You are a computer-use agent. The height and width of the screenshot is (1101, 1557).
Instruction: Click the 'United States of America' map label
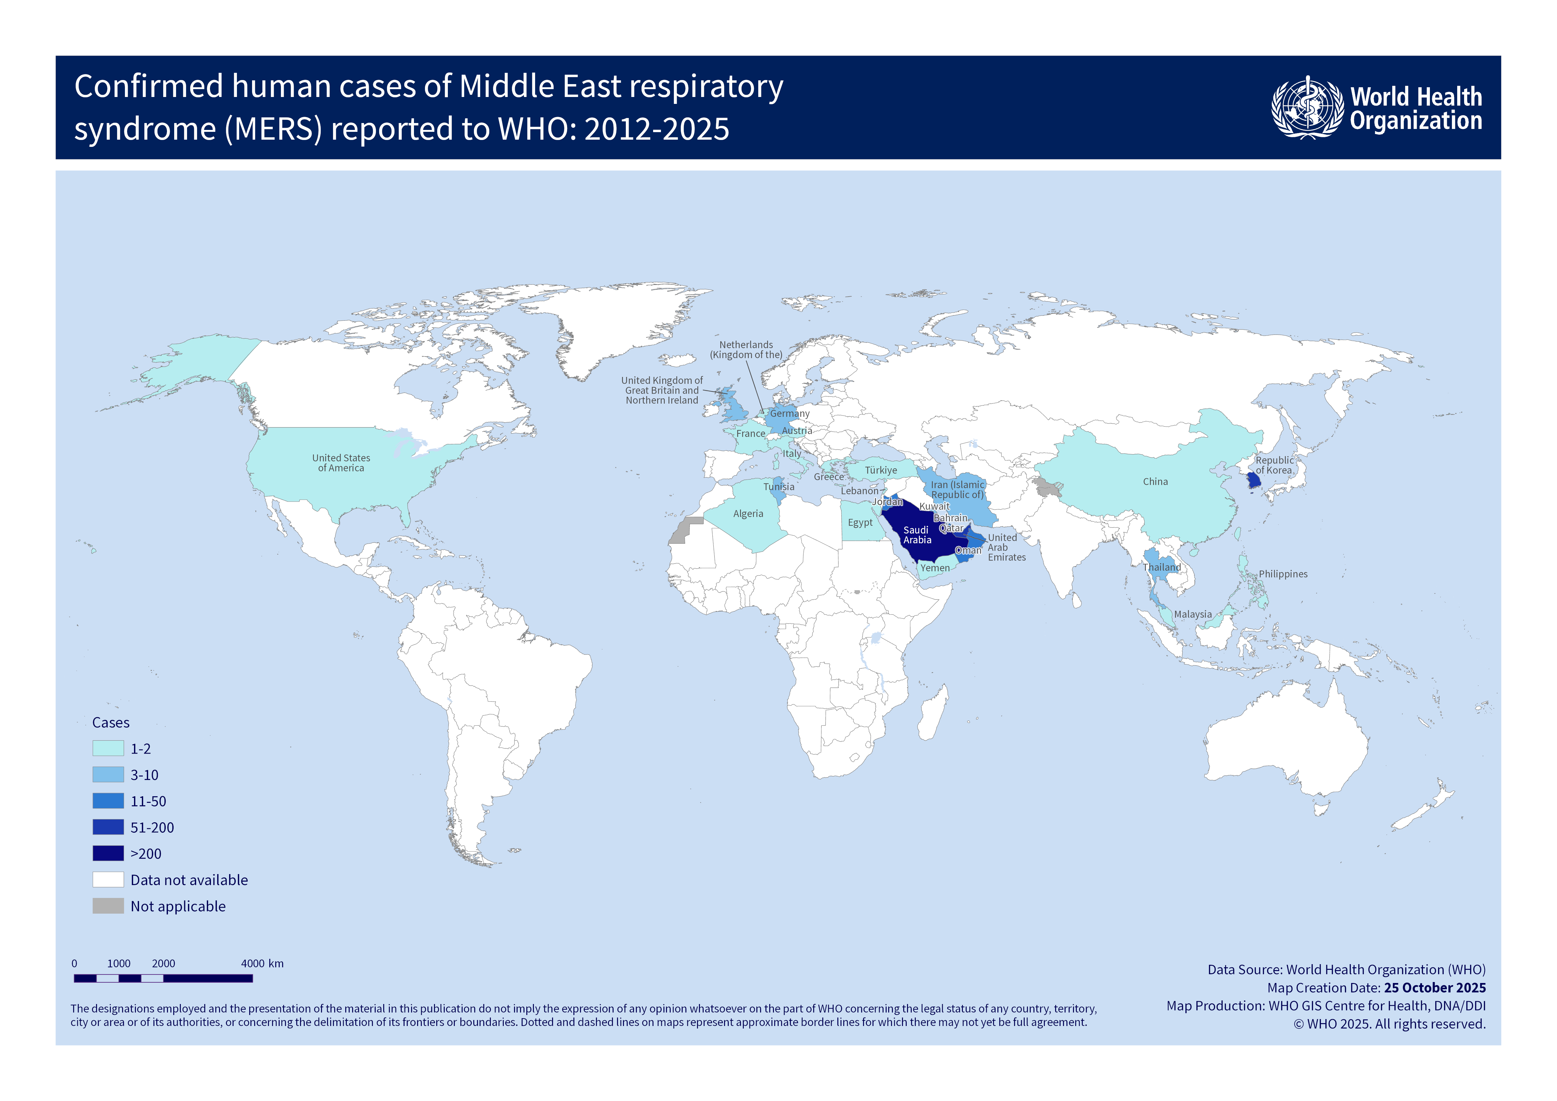(x=341, y=463)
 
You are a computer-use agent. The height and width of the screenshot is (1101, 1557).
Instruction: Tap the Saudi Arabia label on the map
(x=917, y=535)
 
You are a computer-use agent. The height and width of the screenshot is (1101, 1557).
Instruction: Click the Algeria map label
(x=748, y=514)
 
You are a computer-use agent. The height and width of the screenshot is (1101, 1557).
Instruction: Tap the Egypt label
(x=860, y=523)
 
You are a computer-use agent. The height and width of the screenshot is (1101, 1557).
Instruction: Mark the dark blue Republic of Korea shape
(x=1254, y=481)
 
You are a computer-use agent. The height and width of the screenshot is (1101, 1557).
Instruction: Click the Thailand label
(x=1162, y=567)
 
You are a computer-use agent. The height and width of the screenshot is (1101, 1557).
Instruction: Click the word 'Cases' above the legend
(x=110, y=723)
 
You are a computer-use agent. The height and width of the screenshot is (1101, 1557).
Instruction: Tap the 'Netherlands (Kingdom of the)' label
(x=746, y=350)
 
